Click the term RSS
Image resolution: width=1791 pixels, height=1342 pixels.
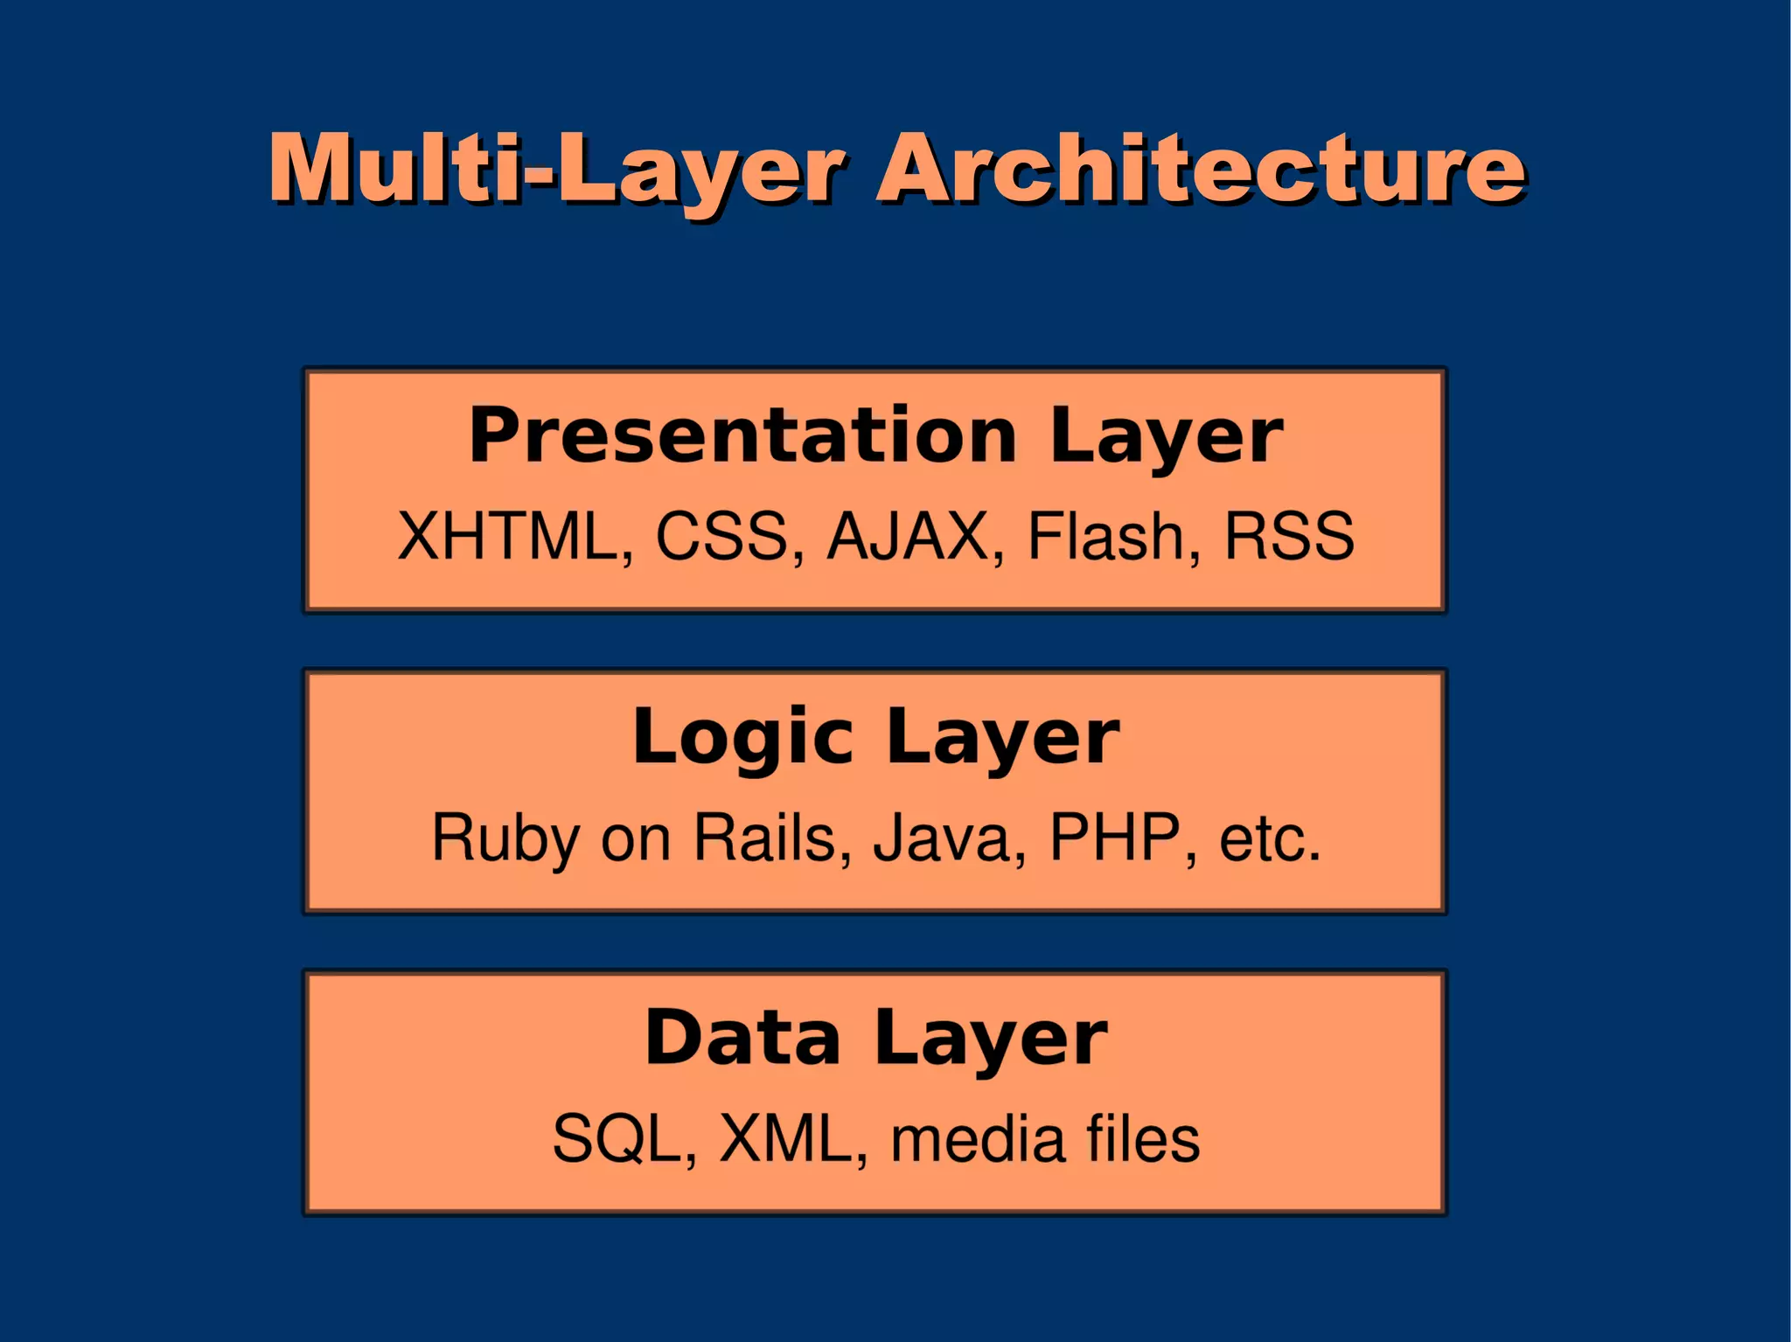point(1289,536)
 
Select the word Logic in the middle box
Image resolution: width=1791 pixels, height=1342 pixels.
point(742,737)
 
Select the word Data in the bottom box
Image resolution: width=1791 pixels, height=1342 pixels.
point(742,1038)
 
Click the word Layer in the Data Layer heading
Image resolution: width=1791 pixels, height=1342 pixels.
point(991,1038)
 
